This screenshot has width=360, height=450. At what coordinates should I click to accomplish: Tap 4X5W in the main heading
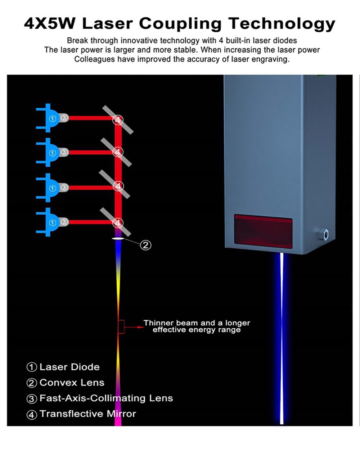coord(50,24)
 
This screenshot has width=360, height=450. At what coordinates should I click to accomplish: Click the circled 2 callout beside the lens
coord(145,245)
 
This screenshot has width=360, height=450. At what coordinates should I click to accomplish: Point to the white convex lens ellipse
coord(118,238)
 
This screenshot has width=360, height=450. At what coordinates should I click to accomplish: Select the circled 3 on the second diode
coord(64,152)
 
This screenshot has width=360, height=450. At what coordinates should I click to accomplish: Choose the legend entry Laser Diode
coord(69,367)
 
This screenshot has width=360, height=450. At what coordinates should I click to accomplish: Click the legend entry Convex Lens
coord(72,383)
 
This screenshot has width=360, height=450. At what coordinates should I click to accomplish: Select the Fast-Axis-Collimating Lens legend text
coord(106,398)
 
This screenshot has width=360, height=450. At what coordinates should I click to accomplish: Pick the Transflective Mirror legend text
coord(88,414)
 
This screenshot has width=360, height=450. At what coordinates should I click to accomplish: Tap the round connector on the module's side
coord(325,234)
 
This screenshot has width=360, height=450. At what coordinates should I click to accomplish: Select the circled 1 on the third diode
coord(53,188)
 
